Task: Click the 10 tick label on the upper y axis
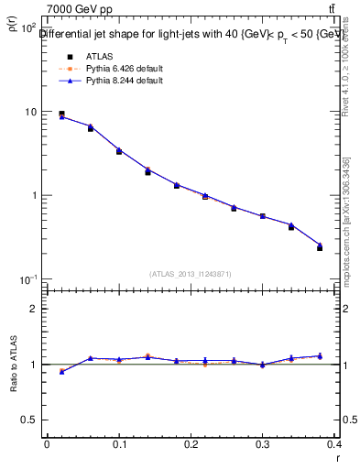click(x=31, y=112)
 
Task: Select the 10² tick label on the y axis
click(x=29, y=27)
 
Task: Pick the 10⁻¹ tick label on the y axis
click(x=29, y=279)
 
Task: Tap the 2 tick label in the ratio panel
click(x=34, y=309)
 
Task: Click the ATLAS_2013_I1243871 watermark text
click(x=191, y=274)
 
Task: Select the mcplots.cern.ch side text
click(x=347, y=229)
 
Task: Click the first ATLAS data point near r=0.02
click(x=61, y=115)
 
